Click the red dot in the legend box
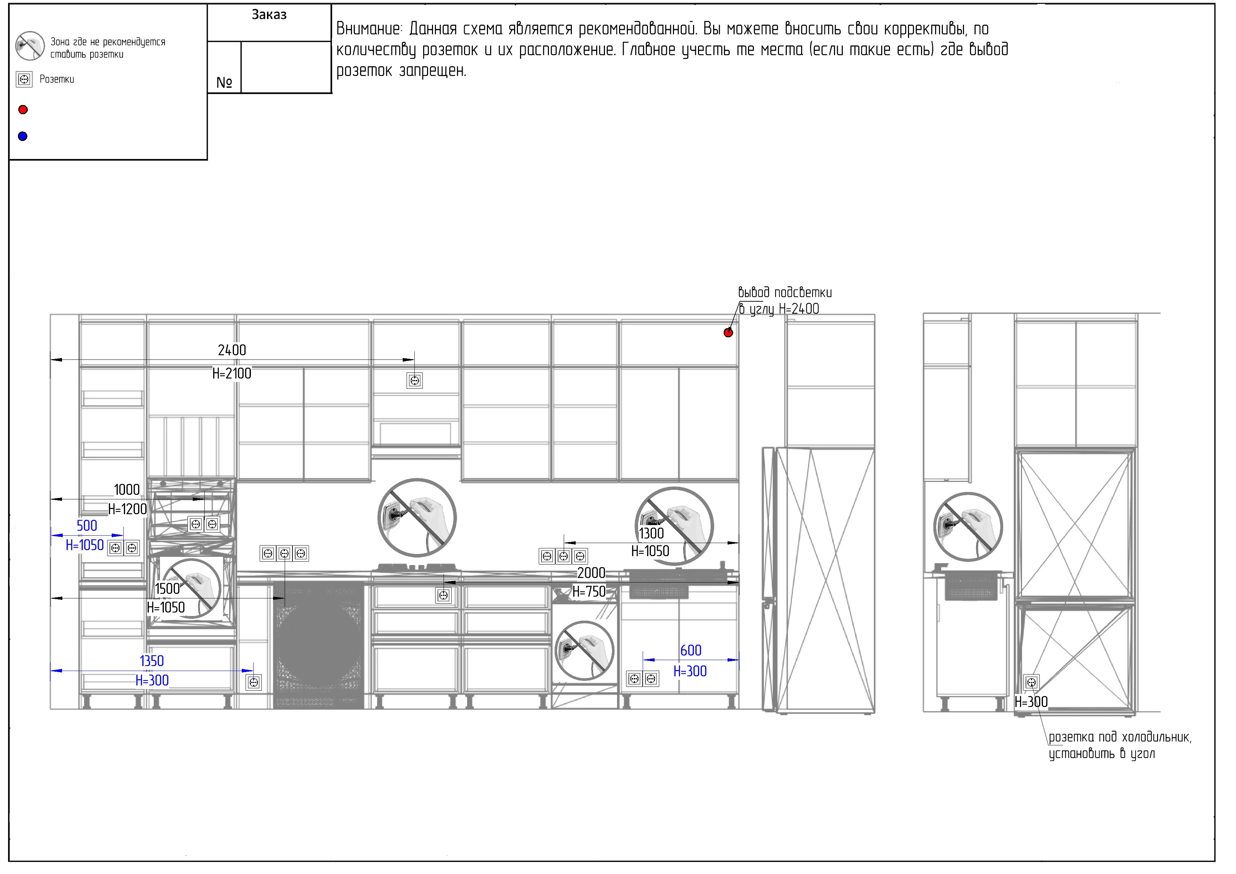click(x=23, y=110)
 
